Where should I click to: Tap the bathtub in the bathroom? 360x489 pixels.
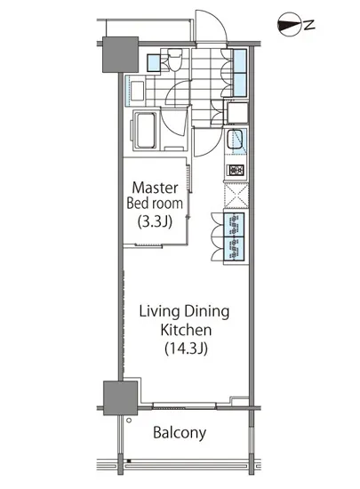coord(145,130)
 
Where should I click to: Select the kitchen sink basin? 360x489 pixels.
coord(234,139)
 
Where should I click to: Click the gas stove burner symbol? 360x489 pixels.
coord(236,171)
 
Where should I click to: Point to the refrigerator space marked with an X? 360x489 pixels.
coord(236,196)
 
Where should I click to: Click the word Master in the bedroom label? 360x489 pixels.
coord(155,188)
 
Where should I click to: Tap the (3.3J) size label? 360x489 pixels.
coord(155,222)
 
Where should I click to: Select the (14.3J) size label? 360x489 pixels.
coord(186,349)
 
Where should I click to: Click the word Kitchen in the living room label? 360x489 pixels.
coord(186,330)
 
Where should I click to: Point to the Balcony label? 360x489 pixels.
coord(180,433)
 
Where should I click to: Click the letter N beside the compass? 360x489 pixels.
coord(309,25)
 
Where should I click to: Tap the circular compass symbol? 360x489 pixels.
coord(289,25)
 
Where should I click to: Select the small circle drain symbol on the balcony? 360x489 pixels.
coord(129,421)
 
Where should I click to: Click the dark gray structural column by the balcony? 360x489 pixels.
coord(120,397)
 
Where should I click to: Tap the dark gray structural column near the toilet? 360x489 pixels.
coord(120,54)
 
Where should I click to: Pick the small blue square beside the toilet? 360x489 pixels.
coord(153,63)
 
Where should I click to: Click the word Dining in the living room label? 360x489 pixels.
coord(206,312)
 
